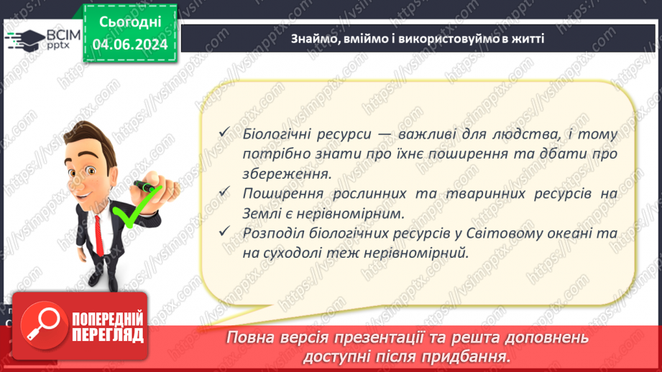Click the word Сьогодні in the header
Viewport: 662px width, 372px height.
pyautogui.click(x=129, y=23)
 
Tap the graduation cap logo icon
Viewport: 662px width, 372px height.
pyautogui.click(x=23, y=39)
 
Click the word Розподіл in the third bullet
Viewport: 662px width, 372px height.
pyautogui.click(x=270, y=233)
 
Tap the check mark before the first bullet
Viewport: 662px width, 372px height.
pyautogui.click(x=226, y=134)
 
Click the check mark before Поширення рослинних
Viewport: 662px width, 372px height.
pyautogui.click(x=226, y=192)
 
